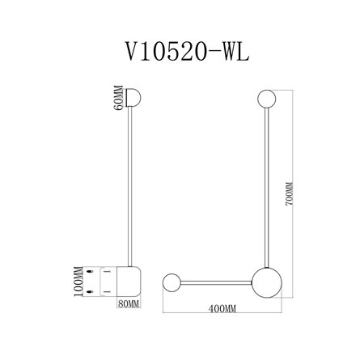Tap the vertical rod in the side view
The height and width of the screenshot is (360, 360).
(129, 186)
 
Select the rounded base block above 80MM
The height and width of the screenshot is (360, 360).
(130, 279)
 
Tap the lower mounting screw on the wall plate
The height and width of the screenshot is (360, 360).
(104, 290)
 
